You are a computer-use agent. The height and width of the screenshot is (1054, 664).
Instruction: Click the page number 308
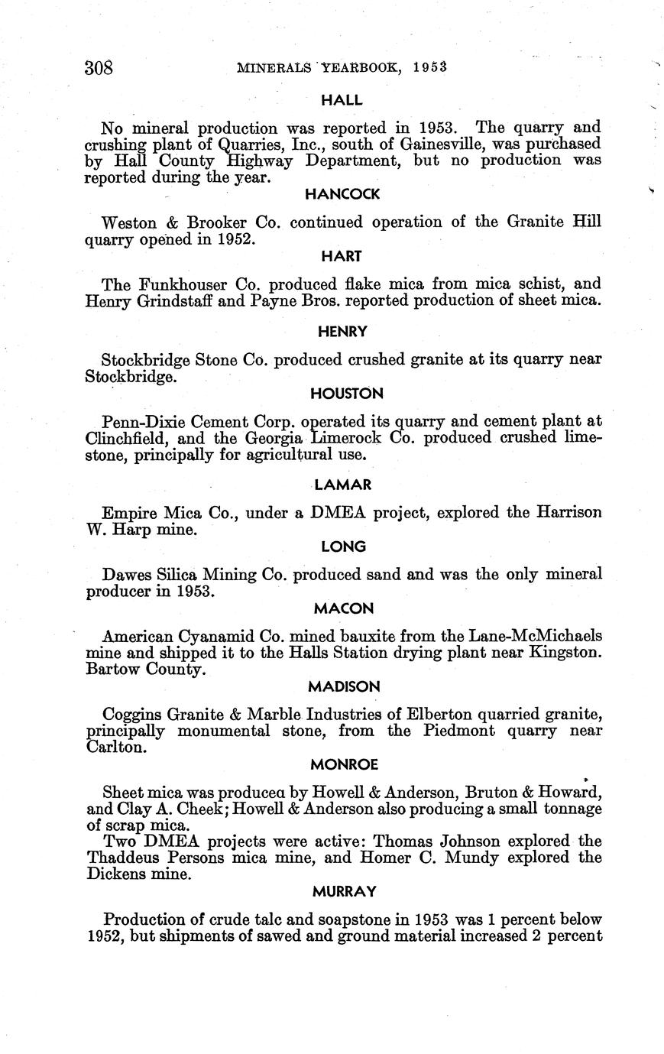tap(99, 68)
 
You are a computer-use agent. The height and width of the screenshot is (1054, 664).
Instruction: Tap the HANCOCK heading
tap(342, 194)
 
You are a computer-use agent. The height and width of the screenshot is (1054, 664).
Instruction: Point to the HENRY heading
tap(342, 332)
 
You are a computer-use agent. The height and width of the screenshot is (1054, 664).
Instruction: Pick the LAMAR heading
tap(342, 485)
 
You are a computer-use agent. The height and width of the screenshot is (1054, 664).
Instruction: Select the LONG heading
tap(343, 546)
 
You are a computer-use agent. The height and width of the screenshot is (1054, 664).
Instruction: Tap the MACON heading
tap(343, 608)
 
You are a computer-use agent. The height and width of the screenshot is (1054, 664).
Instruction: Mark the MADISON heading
tap(344, 686)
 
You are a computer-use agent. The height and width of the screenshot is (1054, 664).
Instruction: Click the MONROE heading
tap(344, 764)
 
